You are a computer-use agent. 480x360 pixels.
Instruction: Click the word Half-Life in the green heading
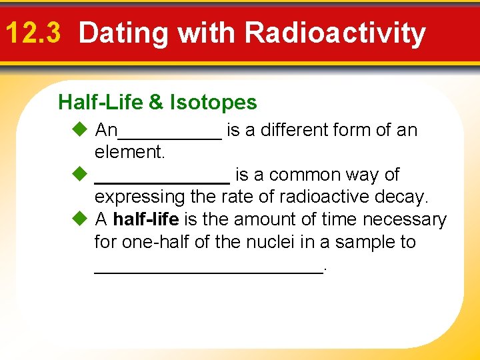point(101,103)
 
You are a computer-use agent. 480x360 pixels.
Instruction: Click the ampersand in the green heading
point(155,103)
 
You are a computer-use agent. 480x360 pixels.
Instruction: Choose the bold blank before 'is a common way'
point(162,181)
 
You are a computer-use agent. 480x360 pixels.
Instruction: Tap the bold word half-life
point(145,219)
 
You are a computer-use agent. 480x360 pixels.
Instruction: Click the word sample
point(357,242)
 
